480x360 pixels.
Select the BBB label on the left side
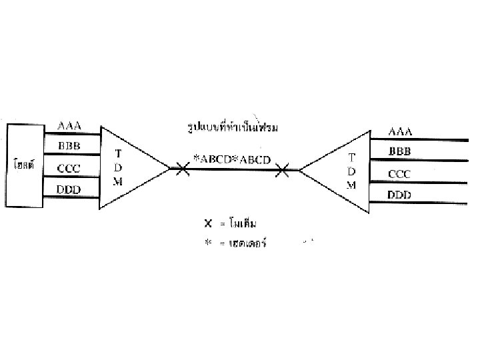point(69,147)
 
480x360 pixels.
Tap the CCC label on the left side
point(69,169)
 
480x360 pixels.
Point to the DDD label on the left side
point(69,190)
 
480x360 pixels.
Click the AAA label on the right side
point(400,131)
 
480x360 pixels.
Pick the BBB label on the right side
point(400,152)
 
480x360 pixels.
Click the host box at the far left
point(25,162)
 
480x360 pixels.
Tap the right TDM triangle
point(340,171)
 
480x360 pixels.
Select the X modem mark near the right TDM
point(283,171)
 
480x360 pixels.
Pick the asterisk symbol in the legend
point(207,243)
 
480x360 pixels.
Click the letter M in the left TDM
point(117,181)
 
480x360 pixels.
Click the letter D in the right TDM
point(352,171)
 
